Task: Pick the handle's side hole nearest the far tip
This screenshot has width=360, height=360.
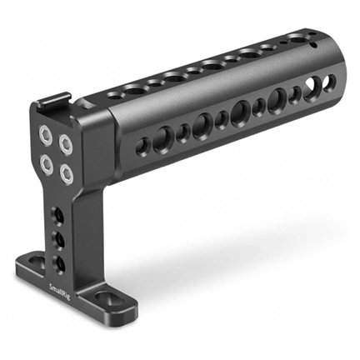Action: tap(330, 82)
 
